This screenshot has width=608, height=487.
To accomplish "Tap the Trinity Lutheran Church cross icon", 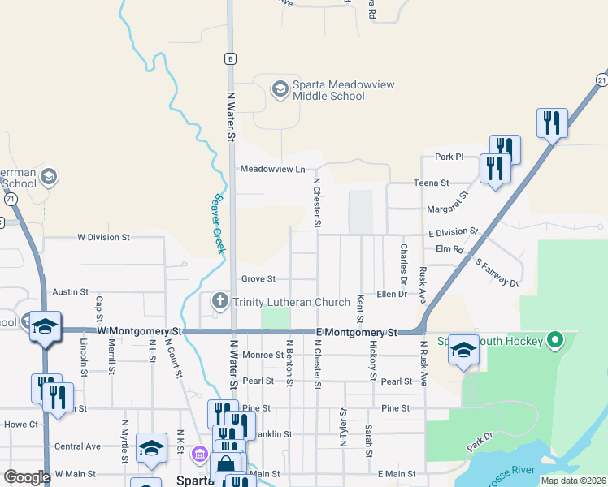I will point(219,302).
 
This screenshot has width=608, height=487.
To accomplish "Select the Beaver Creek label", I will point(218,223).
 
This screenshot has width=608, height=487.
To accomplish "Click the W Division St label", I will point(103,238).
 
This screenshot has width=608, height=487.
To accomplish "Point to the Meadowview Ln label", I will point(271,170).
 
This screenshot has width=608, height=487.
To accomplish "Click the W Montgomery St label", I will point(139,332).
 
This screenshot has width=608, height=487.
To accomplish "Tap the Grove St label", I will point(258,278).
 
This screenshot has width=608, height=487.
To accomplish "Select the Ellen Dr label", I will point(391,294).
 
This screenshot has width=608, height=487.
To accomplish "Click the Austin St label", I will point(70,291).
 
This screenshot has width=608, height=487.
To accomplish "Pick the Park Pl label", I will point(448,157).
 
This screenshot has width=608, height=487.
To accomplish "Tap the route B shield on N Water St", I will point(231,58).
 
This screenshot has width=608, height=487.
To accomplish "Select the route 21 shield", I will point(601,79).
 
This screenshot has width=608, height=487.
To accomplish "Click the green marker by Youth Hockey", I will point(556,339).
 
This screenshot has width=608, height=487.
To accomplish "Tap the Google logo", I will point(27,477).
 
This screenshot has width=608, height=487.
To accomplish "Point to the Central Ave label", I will point(77,446).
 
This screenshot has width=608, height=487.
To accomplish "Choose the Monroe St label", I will point(262,356).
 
